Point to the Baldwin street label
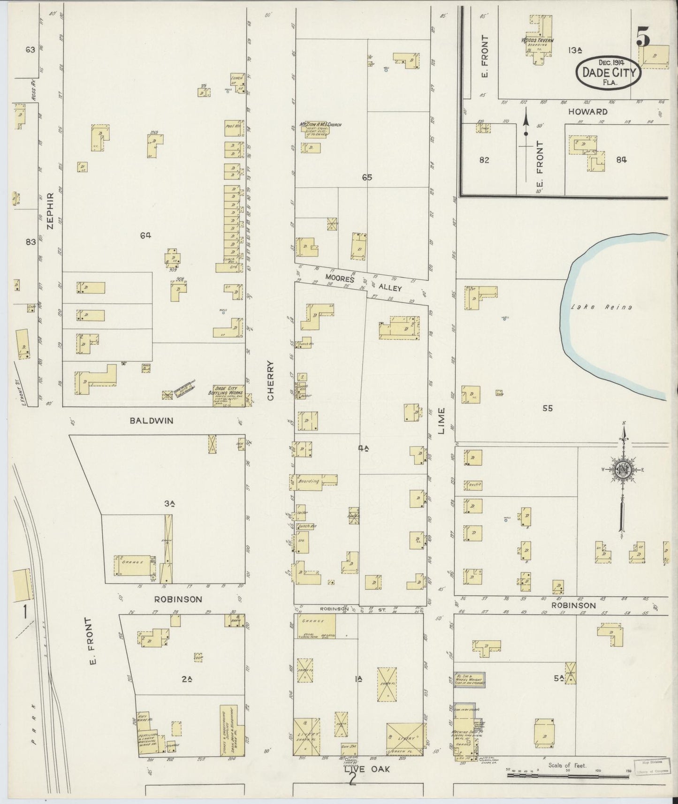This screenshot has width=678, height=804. tap(152, 421)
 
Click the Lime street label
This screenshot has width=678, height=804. tap(442, 421)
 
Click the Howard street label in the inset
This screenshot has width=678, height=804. tap(587, 112)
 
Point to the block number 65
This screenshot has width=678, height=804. tap(367, 177)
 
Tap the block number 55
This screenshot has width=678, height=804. tap(547, 408)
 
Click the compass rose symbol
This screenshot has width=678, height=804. tap(623, 471)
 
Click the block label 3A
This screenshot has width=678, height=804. tap(169, 504)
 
